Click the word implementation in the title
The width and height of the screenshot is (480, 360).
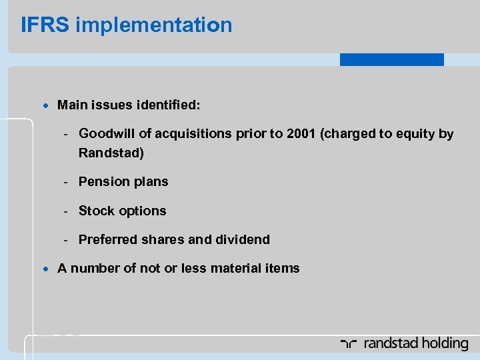click(x=154, y=25)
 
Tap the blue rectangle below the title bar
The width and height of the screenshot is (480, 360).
click(x=391, y=60)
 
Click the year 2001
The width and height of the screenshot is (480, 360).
click(x=301, y=134)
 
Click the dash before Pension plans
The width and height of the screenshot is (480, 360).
click(x=67, y=182)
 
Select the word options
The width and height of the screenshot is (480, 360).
click(x=143, y=211)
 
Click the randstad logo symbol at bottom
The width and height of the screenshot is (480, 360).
click(x=349, y=344)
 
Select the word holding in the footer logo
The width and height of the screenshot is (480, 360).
click(x=441, y=344)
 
